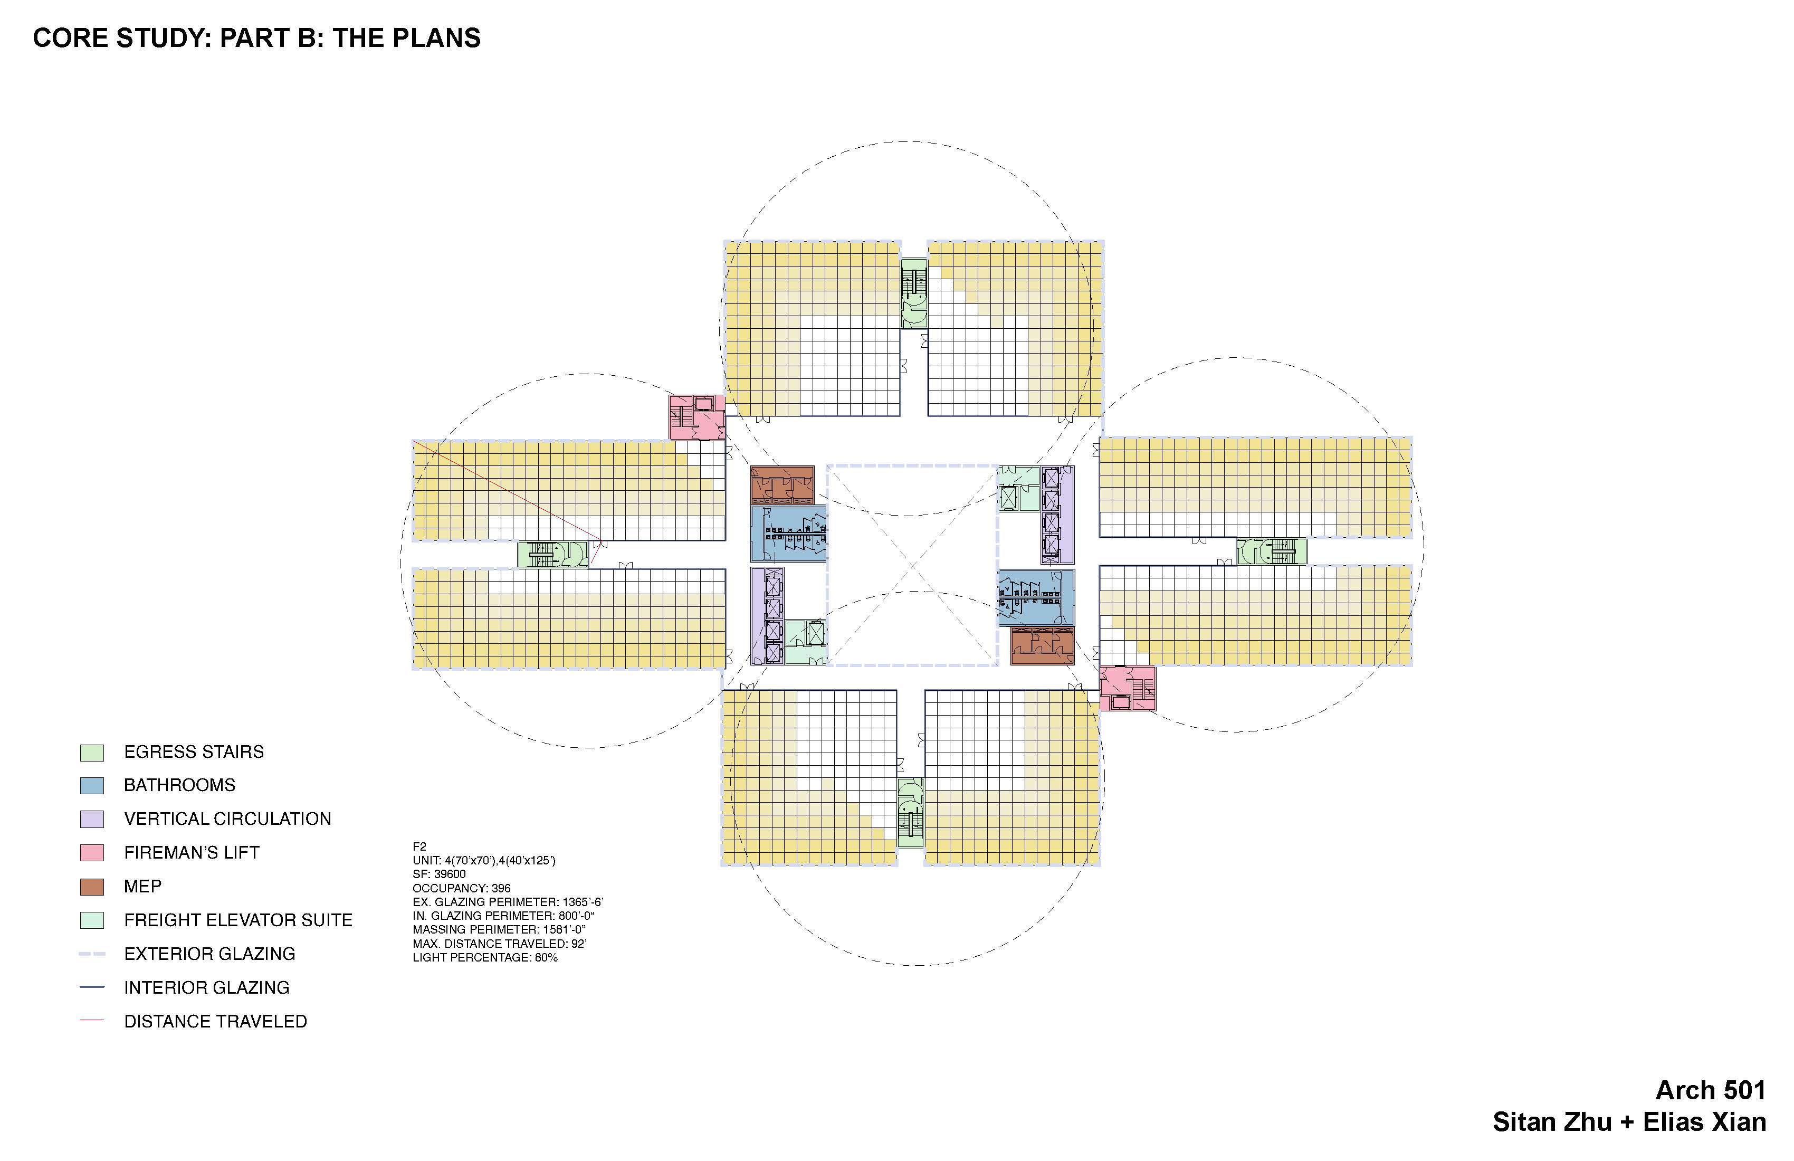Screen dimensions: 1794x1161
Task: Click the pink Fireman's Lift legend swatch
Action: (x=91, y=853)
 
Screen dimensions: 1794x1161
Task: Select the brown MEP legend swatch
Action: (x=91, y=887)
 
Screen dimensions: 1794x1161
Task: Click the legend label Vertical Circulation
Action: (x=227, y=819)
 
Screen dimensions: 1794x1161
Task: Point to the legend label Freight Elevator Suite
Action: (x=238, y=920)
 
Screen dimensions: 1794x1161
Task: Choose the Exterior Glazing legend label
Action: (x=209, y=954)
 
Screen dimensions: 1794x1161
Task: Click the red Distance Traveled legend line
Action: (x=91, y=1021)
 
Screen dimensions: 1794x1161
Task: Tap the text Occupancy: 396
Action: (x=461, y=888)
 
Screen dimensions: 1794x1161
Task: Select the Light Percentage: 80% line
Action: (x=485, y=957)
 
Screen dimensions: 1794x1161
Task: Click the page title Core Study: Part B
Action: (x=256, y=37)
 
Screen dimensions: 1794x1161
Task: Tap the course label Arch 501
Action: (x=1710, y=1090)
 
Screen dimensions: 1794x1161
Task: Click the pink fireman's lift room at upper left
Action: (x=696, y=417)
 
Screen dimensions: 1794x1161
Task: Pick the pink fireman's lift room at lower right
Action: (x=1127, y=688)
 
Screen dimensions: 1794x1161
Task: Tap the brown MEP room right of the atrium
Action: (x=1042, y=646)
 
